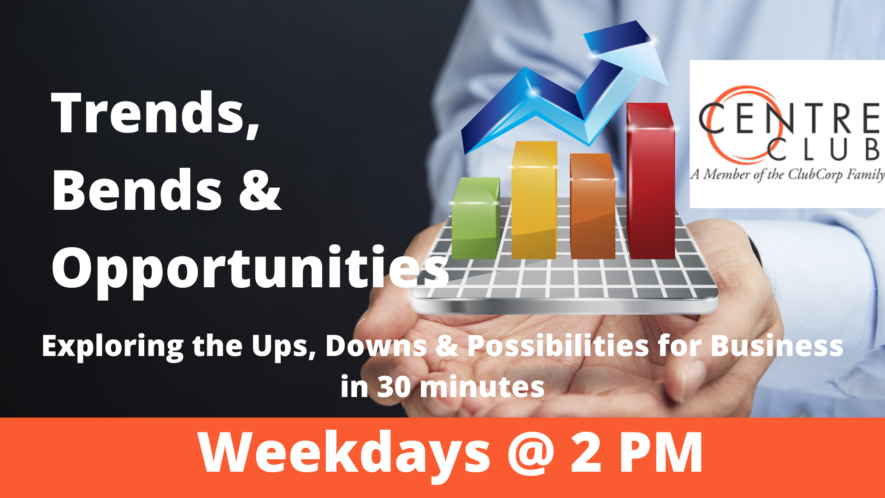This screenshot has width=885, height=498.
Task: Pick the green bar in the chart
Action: coord(476,218)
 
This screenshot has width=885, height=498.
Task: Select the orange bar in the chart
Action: coord(593,206)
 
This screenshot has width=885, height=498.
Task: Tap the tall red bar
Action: coord(650,181)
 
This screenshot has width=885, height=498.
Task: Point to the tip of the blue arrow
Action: coord(667,84)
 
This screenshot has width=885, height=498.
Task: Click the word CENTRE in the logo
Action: coord(790,118)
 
